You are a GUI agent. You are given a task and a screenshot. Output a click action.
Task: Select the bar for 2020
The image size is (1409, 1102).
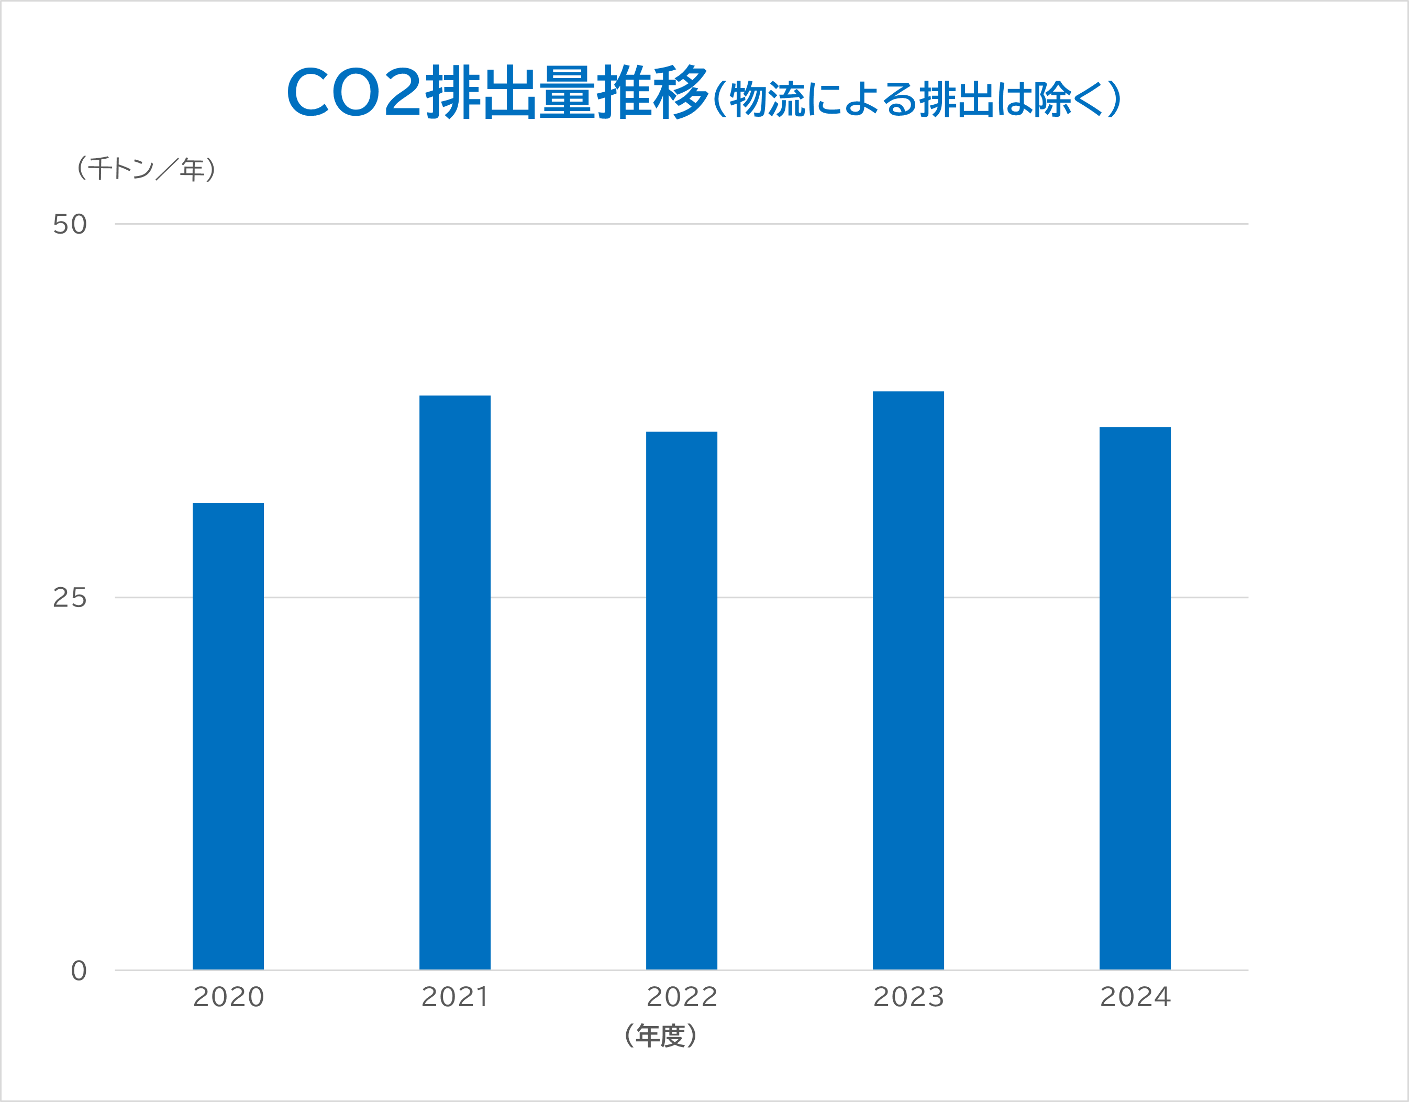[x=228, y=735]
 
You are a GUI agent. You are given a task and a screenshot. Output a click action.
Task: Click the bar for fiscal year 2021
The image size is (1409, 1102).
[x=455, y=682]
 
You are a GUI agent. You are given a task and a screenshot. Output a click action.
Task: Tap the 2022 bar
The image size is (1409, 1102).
[x=681, y=700]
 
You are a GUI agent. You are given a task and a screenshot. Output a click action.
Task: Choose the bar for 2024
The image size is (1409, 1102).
[x=1135, y=698]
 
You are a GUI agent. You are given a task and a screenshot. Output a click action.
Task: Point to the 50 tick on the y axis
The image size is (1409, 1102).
[x=70, y=225]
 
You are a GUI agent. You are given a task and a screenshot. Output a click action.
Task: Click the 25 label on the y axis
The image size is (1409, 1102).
[x=70, y=598]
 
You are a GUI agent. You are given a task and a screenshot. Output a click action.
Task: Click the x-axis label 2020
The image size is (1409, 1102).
[x=228, y=997]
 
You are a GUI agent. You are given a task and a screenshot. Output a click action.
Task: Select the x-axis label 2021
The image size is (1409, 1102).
[x=455, y=997]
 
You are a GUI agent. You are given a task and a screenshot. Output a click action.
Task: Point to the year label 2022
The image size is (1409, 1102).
[x=682, y=997]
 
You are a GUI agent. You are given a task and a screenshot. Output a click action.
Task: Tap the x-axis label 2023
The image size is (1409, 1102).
[x=908, y=997]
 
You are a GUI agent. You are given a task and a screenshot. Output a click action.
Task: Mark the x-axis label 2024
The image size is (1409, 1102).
[x=1135, y=997]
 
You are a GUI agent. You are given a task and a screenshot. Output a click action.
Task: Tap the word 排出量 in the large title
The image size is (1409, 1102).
[x=509, y=92]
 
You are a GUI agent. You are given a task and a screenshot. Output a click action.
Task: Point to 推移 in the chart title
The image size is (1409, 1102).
[x=651, y=92]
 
